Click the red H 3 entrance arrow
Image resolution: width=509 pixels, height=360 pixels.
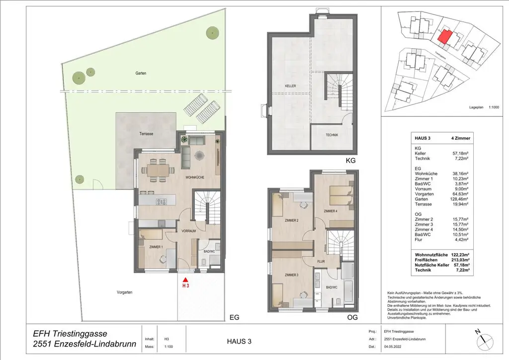(185, 281)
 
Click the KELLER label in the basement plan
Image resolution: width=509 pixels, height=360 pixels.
(291, 87)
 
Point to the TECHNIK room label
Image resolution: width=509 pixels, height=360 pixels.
(332, 135)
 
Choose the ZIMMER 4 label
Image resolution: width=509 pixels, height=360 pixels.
(330, 211)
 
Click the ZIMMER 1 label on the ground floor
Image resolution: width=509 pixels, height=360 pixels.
(157, 247)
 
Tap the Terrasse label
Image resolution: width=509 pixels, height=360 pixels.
(146, 134)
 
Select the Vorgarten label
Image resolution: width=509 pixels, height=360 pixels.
(124, 293)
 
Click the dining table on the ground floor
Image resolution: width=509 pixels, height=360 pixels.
(158, 170)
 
